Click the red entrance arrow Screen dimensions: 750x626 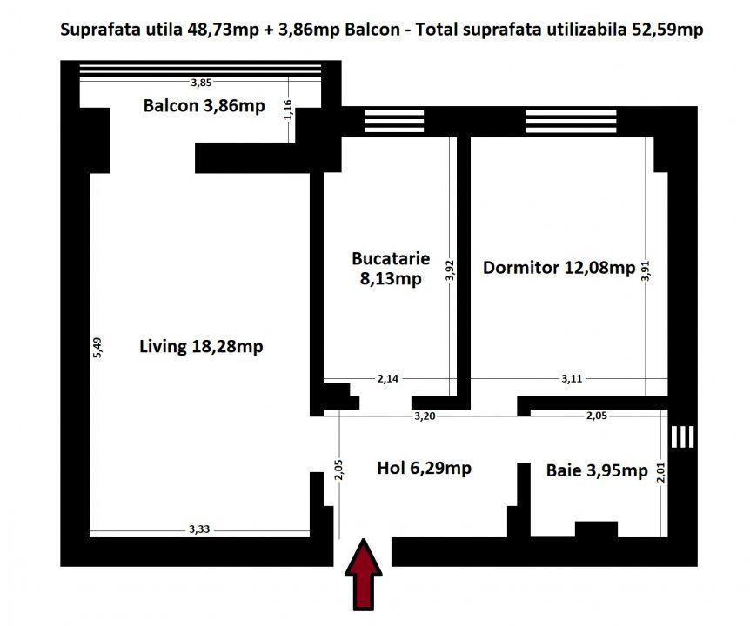(364, 575)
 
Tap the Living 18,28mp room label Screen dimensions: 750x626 (201, 346)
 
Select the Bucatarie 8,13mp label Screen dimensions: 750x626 (391, 268)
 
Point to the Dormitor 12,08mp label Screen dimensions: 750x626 (559, 268)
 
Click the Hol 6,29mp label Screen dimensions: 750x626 (425, 468)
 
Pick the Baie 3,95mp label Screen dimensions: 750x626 (597, 470)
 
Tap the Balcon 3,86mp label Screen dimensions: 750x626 (204, 105)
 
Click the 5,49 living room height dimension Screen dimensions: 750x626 (97, 348)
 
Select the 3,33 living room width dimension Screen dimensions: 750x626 (199, 529)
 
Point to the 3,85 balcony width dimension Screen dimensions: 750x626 (201, 83)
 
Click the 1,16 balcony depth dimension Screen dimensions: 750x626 (287, 110)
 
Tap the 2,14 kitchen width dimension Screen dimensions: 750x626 (387, 379)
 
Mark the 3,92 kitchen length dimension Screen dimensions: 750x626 (450, 270)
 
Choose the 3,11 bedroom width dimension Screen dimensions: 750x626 (572, 379)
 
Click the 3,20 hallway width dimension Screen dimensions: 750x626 (425, 416)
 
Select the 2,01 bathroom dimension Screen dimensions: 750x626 (661, 471)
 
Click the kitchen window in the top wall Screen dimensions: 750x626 (394, 121)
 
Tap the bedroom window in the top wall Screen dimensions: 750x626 (571, 121)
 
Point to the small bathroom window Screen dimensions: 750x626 (682, 436)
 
